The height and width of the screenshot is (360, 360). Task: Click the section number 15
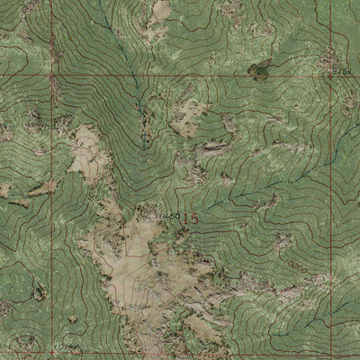coord(189,219)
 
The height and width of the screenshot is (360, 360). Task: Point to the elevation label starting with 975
coord(340,70)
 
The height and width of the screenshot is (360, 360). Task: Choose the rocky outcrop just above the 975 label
coord(329,58)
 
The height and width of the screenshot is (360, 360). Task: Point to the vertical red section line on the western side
coord(52,216)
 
